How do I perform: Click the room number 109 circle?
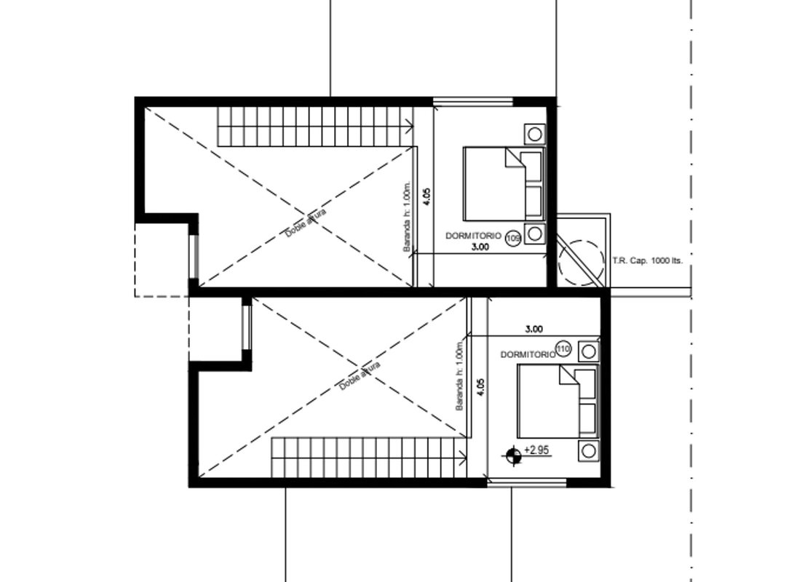pos(513,238)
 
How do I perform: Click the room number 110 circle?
pos(563,348)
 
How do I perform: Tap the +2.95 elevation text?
pos(536,450)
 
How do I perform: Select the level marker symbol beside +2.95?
pos(513,455)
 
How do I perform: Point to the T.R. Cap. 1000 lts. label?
pos(647,260)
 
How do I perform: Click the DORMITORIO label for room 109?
pos(474,235)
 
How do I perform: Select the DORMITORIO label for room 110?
pos(528,354)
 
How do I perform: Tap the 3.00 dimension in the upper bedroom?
pos(480,247)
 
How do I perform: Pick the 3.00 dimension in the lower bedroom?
pos(534,329)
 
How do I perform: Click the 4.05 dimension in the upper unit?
pos(426,196)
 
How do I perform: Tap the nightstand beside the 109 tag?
pos(534,233)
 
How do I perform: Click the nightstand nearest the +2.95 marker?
pos(589,450)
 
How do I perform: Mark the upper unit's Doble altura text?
pos(306,223)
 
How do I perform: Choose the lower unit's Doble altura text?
pos(360,375)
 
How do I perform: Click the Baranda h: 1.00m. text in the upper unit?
pos(407,216)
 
